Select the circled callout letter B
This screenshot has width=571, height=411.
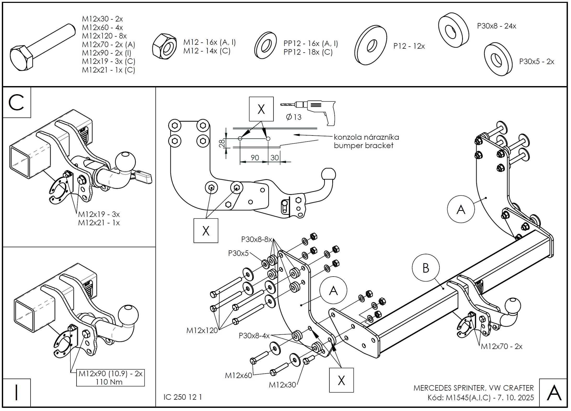click(426, 268)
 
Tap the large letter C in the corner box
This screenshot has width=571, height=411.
click(16, 103)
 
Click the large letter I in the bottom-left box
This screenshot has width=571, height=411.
click(17, 392)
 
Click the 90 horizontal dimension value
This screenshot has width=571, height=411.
click(255, 157)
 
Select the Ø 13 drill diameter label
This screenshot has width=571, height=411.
click(294, 117)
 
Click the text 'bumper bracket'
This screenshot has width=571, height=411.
click(363, 145)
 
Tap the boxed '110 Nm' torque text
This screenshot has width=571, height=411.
click(109, 382)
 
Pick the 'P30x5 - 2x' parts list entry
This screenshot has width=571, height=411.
click(537, 61)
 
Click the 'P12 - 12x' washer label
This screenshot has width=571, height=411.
click(409, 46)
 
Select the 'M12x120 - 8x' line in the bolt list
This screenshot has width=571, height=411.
click(104, 36)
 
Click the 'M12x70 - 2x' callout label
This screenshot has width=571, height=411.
click(502, 346)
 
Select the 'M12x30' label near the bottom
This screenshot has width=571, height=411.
click(282, 385)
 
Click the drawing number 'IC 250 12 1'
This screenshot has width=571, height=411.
click(183, 397)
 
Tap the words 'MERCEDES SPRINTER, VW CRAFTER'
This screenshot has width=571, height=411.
click(473, 388)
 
